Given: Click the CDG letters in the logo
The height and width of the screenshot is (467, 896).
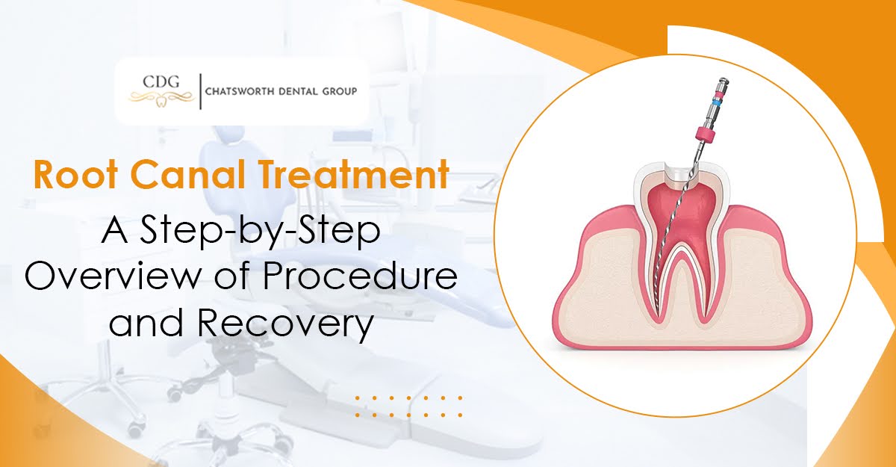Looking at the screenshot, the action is click(x=161, y=82).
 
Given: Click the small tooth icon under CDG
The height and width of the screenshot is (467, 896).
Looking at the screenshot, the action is click(x=161, y=102).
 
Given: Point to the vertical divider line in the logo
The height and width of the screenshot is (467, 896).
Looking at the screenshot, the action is click(x=200, y=91).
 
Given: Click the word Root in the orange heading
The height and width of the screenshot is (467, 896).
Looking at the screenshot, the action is click(x=75, y=176).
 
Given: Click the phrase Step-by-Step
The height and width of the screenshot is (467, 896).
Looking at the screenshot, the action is click(x=260, y=232).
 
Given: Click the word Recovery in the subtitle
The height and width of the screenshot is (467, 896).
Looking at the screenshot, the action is click(x=285, y=324).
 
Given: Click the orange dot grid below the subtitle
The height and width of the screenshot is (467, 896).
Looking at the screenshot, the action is click(x=408, y=406).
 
